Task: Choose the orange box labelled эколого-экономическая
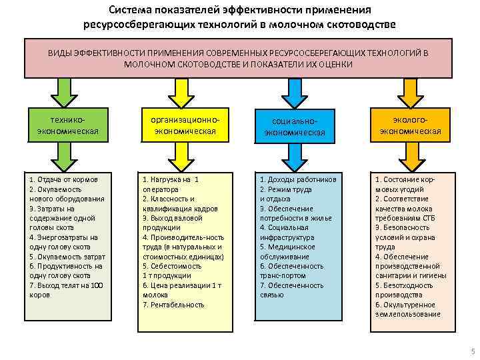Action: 410,125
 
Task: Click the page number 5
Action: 472,351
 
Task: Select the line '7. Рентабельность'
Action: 173,305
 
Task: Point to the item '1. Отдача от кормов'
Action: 64,179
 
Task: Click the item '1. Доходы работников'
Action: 297,179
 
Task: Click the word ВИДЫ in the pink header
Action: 60,52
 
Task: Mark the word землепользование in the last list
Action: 407,314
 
